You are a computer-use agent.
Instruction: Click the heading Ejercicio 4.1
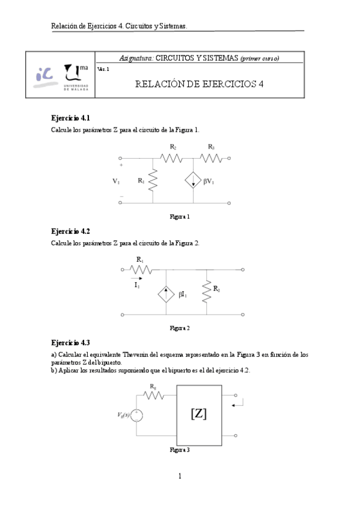coord(71,118)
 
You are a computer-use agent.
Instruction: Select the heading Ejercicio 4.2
coord(71,232)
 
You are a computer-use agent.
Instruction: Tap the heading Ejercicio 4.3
coord(71,343)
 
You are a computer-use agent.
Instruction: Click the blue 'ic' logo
coord(45,75)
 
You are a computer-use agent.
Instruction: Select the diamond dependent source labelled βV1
coord(193,180)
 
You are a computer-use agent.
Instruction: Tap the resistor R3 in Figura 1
coord(211,159)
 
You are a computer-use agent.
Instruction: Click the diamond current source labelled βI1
coord(166,294)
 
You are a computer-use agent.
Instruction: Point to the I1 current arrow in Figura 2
coord(138,279)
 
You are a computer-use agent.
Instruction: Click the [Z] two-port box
coord(198,414)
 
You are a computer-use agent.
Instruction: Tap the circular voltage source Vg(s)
coord(138,415)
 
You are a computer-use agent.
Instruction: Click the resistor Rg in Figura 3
coord(154,394)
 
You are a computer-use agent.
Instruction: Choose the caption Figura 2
coord(180,328)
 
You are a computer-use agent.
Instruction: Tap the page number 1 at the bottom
coord(180,476)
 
